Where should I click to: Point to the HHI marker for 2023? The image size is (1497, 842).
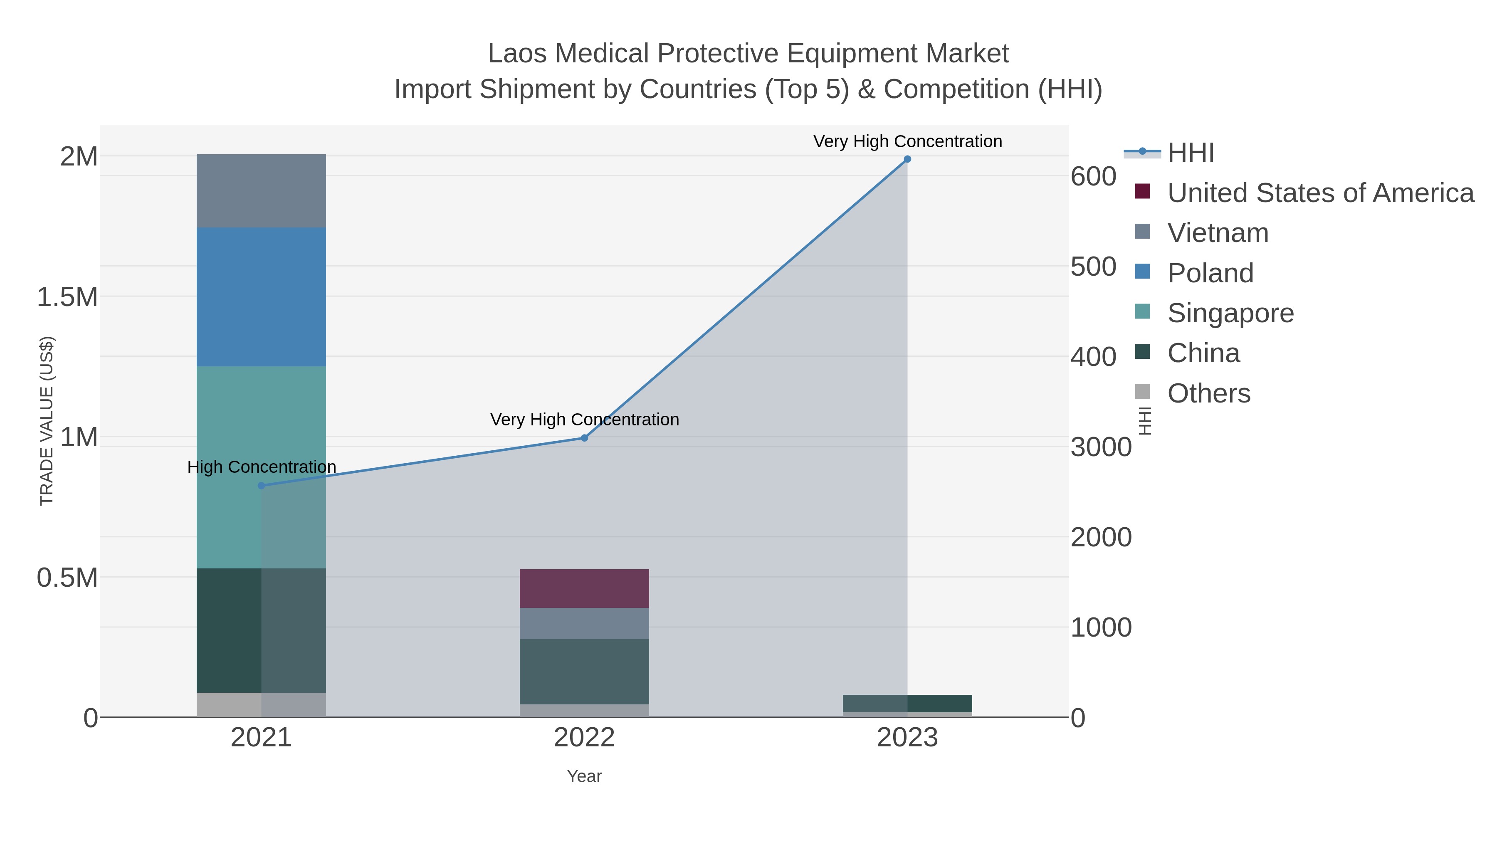coord(907,159)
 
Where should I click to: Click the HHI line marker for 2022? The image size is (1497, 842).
coord(585,438)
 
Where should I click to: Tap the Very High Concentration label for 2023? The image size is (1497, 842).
coord(907,141)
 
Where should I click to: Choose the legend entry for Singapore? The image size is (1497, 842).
coord(1230,313)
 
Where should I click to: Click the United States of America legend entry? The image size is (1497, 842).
coord(1320,193)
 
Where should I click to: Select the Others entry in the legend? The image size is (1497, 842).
coord(1209,393)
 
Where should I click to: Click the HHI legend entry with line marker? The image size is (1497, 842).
coord(1190,153)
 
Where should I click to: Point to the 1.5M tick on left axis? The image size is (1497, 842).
coord(67,297)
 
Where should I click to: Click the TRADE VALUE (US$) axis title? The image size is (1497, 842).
coord(47,421)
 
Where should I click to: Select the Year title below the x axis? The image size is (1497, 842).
coord(584,776)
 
